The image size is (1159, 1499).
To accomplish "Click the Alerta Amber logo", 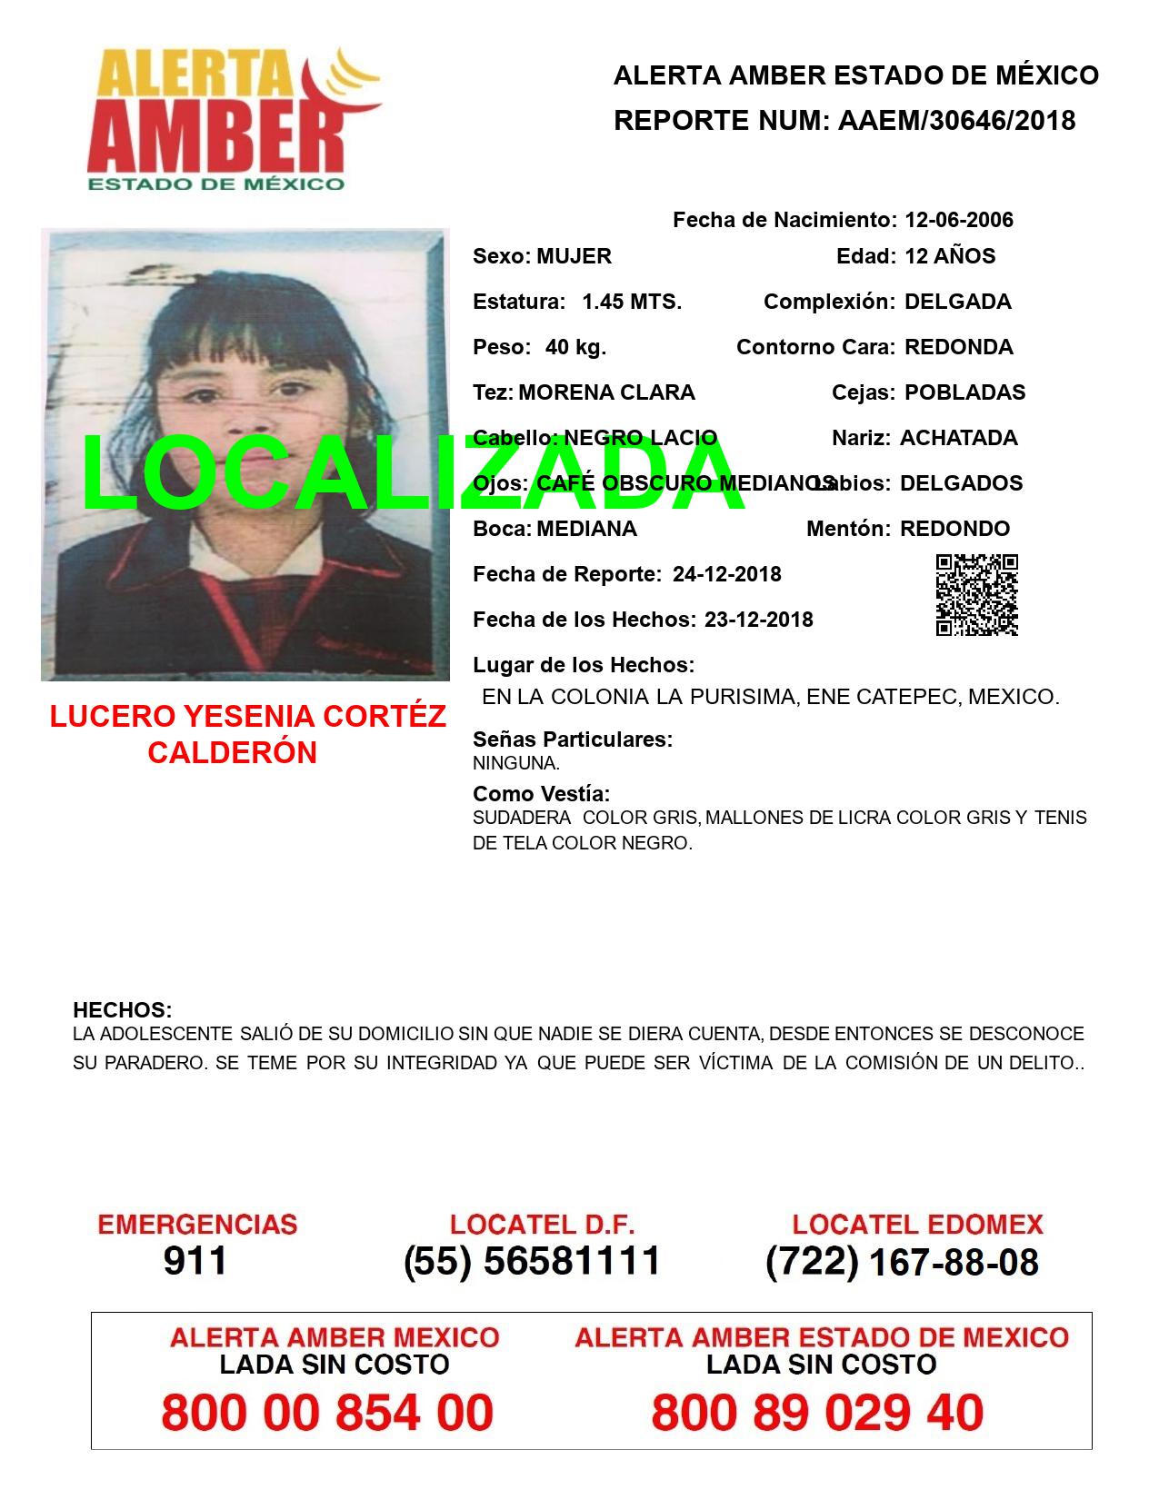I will [x=232, y=118].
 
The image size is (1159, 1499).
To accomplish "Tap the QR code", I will [x=976, y=595].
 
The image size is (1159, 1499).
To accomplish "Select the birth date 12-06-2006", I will [x=959, y=220].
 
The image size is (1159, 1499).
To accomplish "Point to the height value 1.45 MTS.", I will [x=632, y=302].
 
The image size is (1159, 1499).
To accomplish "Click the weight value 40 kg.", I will [x=575, y=347].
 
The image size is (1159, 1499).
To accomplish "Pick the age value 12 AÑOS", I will [x=950, y=256].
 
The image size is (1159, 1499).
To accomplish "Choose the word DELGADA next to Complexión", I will [x=957, y=302].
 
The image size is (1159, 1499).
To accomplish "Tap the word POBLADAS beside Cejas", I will [x=964, y=392].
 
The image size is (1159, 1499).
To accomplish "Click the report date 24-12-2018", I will [x=726, y=574].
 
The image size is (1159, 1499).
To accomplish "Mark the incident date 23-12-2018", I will [x=758, y=620].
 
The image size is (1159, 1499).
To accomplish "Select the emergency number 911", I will [x=195, y=1261].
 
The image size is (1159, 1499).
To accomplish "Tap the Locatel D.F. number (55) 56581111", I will [x=532, y=1261].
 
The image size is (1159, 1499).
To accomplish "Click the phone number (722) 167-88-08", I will [x=902, y=1262].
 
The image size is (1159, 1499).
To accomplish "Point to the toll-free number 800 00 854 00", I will [x=327, y=1414].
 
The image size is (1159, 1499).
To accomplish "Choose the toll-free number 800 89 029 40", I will [x=817, y=1414].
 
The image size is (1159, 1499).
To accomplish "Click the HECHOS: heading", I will [x=122, y=1010].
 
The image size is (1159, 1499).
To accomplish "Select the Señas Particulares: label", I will [x=573, y=740].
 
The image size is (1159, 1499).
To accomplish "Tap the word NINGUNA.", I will [x=515, y=764].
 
